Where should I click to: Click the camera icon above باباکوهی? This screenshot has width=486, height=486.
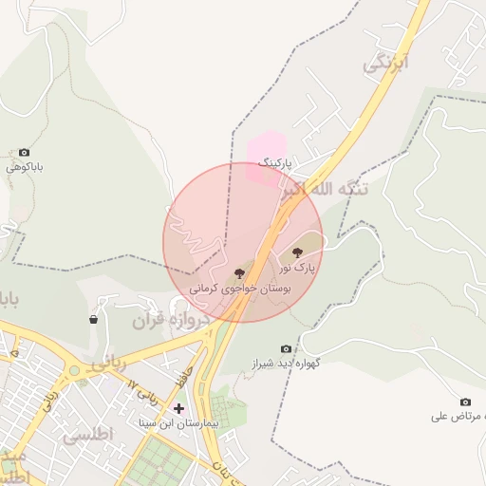pyautogui.click(x=24, y=152)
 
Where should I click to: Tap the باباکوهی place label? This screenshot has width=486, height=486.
pyautogui.click(x=26, y=167)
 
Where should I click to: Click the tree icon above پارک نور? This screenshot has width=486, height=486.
pyautogui.click(x=298, y=253)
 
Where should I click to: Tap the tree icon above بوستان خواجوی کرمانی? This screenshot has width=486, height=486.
pyautogui.click(x=238, y=273)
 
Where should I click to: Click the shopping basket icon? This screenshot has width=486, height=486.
pyautogui.click(x=93, y=320)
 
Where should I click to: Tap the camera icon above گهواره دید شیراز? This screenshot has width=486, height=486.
pyautogui.click(x=286, y=349)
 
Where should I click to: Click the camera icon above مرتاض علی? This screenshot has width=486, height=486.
pyautogui.click(x=465, y=402)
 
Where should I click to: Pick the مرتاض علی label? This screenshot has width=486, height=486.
pyautogui.click(x=458, y=417)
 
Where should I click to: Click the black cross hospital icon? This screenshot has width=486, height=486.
pyautogui.click(x=178, y=408)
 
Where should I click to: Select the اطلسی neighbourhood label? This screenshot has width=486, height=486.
pyautogui.click(x=87, y=435)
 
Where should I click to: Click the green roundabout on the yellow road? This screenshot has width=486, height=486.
pyautogui.click(x=73, y=370)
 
